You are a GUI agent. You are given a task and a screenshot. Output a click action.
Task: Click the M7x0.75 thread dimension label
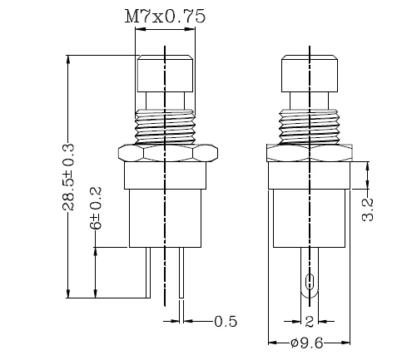165,17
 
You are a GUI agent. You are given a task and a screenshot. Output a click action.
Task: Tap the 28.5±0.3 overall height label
68,177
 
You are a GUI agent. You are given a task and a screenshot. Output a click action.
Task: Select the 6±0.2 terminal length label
96,208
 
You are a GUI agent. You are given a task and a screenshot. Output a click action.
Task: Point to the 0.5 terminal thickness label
226,322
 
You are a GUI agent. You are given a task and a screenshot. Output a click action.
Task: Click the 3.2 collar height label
368,210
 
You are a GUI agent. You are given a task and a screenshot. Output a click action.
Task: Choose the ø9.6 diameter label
307,343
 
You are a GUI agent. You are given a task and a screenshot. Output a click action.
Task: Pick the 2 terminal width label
310,322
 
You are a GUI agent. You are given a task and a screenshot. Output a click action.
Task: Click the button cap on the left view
165,73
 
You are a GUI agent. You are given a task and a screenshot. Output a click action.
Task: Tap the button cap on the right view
310,73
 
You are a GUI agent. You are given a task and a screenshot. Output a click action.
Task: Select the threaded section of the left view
165,126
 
